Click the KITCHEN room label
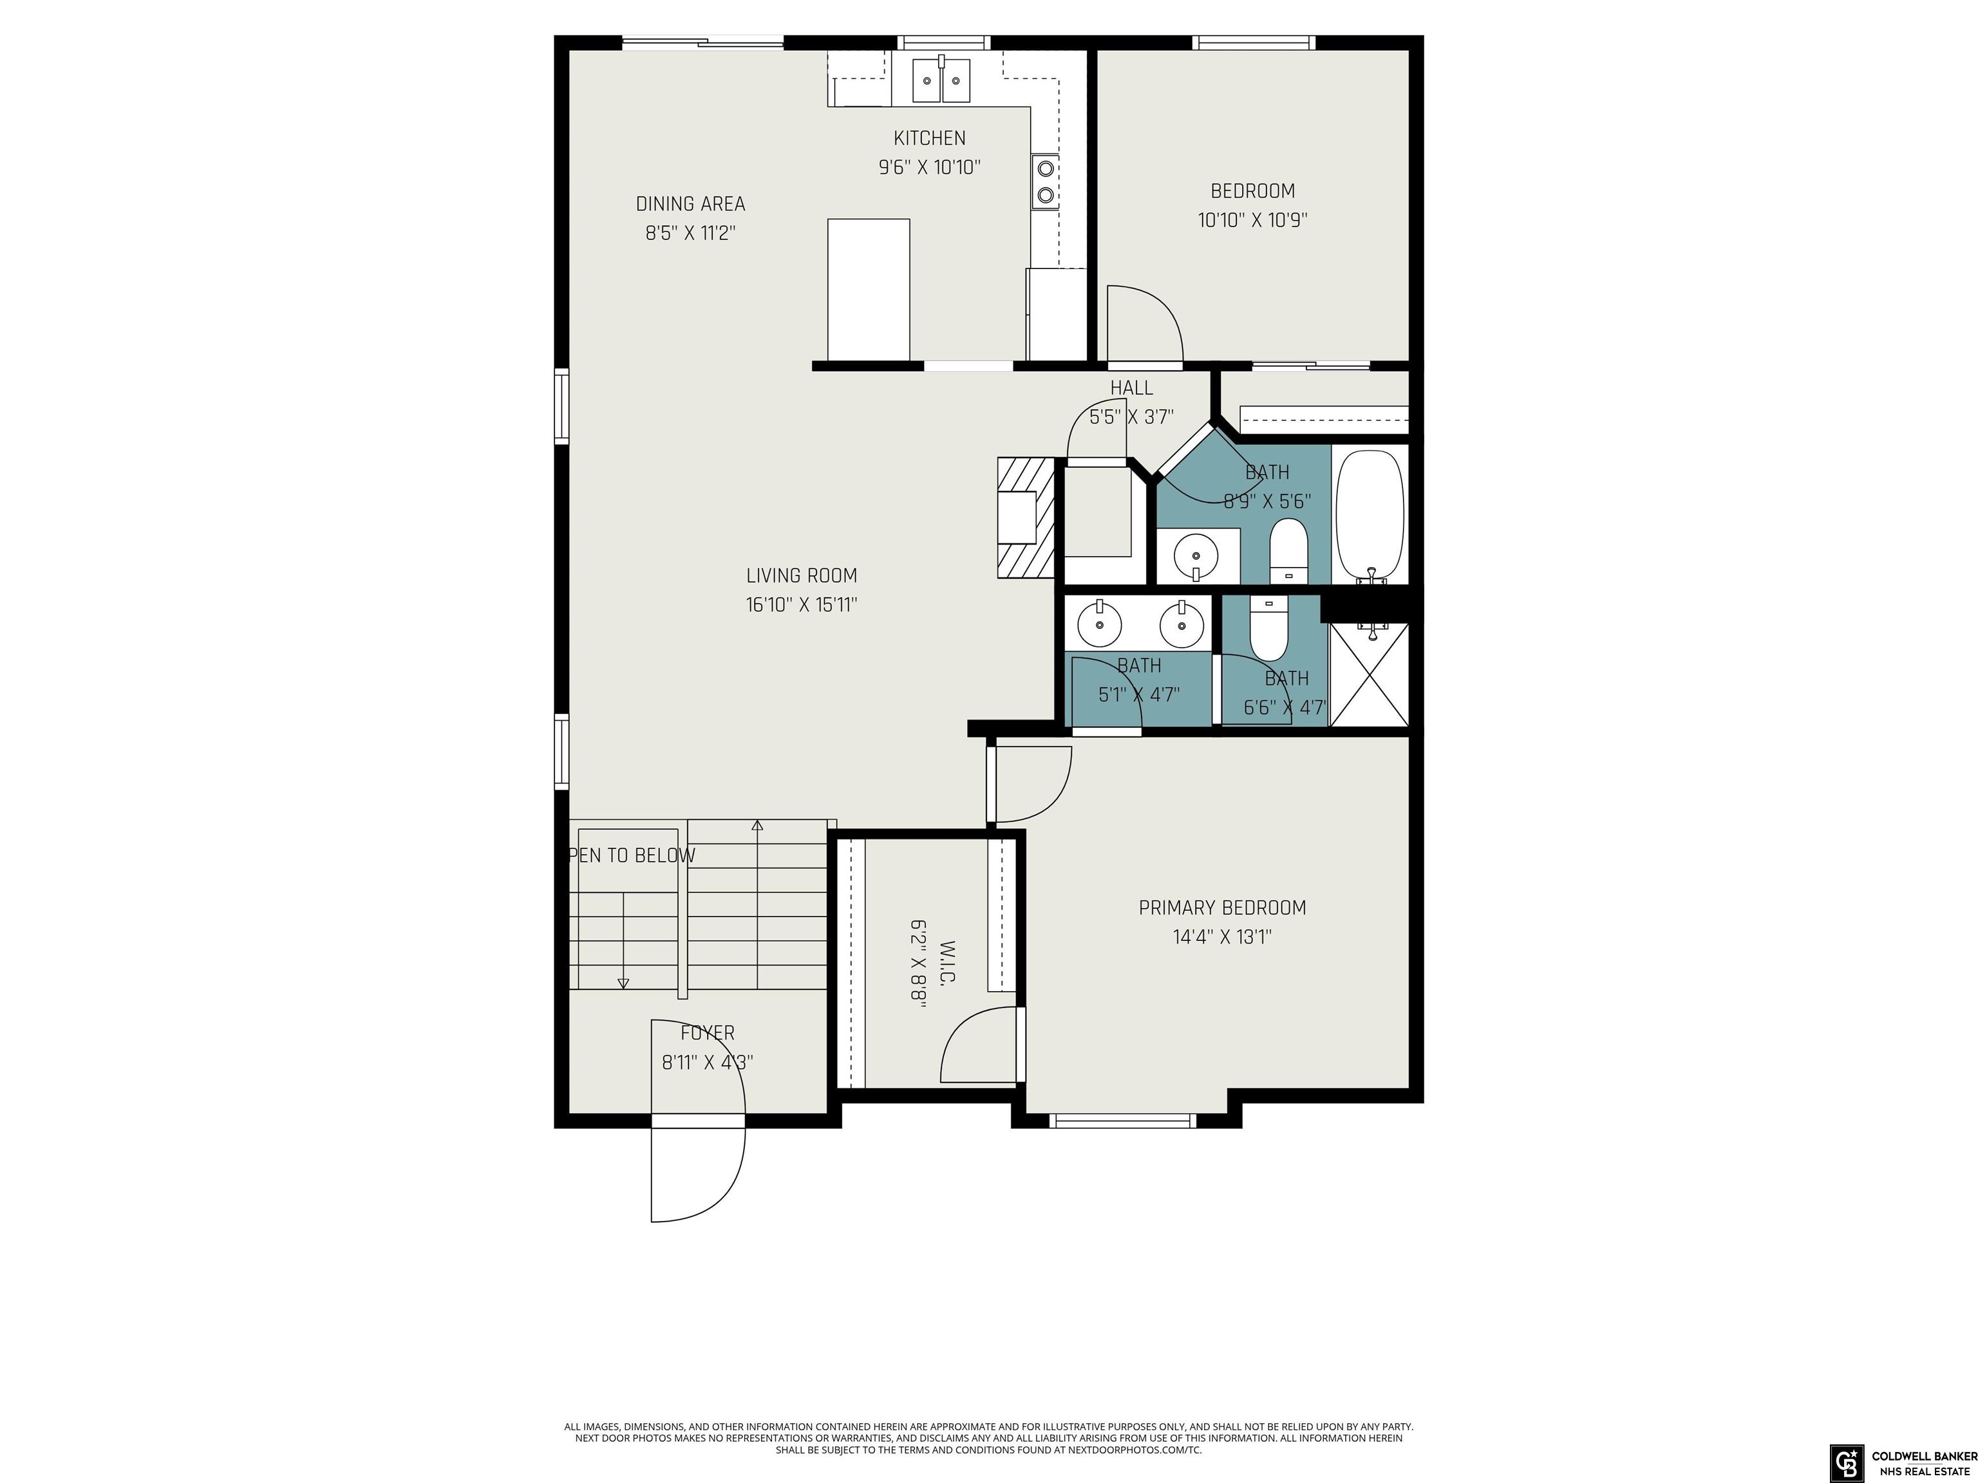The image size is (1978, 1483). tap(930, 138)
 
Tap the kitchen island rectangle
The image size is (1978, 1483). tap(869, 290)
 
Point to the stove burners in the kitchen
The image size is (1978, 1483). tap(1044, 182)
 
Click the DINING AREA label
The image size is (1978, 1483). tap(690, 204)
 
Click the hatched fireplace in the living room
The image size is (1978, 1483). tap(1026, 518)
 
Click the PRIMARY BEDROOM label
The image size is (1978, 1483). tap(1222, 908)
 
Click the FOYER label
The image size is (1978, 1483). tap(708, 1032)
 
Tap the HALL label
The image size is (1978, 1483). tap(1131, 388)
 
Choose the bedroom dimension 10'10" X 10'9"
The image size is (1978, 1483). tap(1253, 220)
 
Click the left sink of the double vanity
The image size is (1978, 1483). tap(1099, 624)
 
